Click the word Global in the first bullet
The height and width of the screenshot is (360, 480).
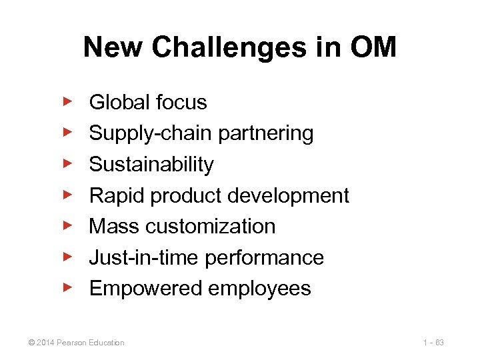pos(119,103)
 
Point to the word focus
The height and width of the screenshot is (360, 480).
pos(181,103)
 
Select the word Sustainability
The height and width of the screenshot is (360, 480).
pos(151,165)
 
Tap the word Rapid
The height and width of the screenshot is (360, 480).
pos(116,195)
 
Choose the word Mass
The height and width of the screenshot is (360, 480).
pos(113,227)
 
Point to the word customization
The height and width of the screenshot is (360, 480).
pos(209,227)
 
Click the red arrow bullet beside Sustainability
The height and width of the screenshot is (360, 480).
pos(67,163)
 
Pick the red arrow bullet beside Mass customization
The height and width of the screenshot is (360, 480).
pos(67,225)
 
